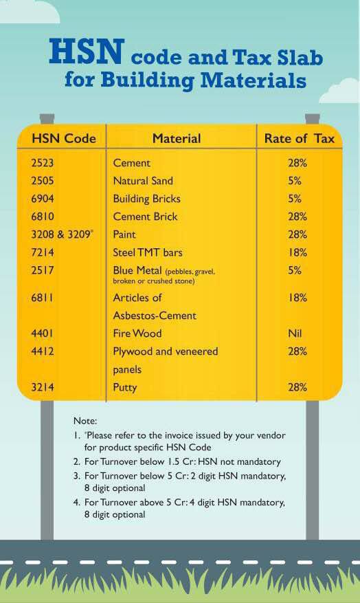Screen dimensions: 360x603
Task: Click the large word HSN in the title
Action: coord(87,51)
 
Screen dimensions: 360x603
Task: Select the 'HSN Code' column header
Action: coord(64,138)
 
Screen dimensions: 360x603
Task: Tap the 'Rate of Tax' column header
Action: coord(300,138)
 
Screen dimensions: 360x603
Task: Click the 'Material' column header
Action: coord(177,138)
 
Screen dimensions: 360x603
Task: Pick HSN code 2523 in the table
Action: coord(43,163)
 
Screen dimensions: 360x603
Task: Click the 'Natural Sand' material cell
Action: coord(143,181)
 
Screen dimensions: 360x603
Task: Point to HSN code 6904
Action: coord(43,199)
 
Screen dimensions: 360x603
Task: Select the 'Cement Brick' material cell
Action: coord(145,217)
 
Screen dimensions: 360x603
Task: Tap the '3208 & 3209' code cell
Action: coord(61,234)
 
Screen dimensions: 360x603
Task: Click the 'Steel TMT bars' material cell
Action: coord(148,252)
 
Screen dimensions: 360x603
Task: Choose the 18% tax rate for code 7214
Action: coord(297,252)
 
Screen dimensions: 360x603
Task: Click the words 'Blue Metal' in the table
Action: coord(137,270)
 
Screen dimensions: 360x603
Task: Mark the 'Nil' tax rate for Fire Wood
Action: coord(295,333)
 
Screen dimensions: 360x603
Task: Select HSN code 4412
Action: coord(43,351)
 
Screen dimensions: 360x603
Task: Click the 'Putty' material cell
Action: coord(125,388)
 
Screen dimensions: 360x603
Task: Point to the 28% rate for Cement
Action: coord(297,163)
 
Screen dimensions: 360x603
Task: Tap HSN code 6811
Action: coord(43,298)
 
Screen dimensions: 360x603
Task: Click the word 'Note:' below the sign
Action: coord(85,421)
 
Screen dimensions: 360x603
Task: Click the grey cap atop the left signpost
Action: coord(47,118)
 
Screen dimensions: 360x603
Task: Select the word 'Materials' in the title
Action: coord(254,80)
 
